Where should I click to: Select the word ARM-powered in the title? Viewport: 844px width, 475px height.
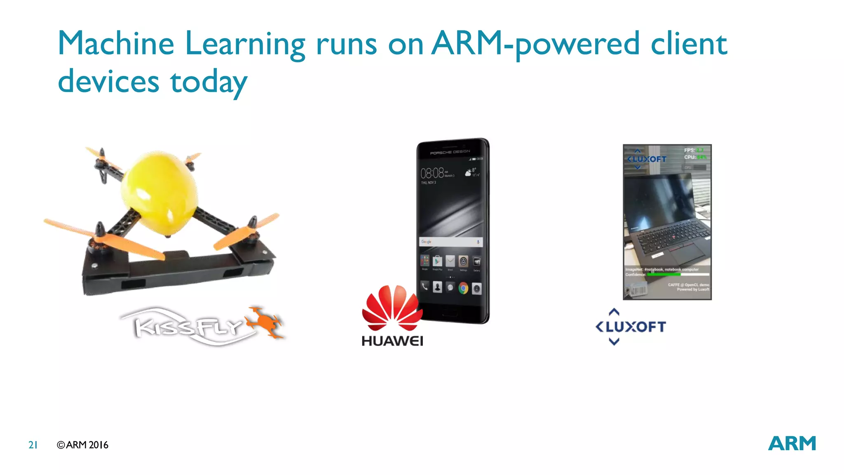click(536, 44)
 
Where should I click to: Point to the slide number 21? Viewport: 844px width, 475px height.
click(33, 445)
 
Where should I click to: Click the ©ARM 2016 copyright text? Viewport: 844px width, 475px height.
click(82, 445)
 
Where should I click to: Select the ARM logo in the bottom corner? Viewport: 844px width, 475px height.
click(792, 444)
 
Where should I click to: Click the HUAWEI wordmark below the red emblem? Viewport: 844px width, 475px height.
click(392, 341)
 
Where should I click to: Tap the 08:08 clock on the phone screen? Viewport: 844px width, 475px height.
click(432, 173)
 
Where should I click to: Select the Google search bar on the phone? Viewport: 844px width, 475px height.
click(451, 242)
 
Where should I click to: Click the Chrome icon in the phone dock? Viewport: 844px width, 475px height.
click(464, 288)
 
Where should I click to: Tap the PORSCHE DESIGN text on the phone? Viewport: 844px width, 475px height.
click(450, 153)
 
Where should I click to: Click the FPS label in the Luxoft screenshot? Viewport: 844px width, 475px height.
click(689, 150)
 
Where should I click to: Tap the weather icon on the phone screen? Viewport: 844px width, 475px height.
click(468, 173)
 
